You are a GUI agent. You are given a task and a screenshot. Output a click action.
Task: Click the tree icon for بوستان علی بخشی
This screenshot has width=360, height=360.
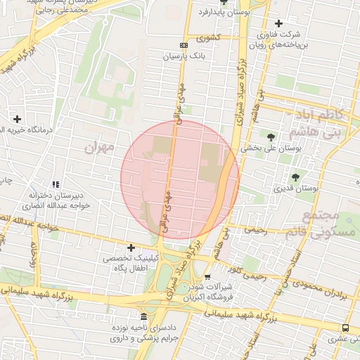271,136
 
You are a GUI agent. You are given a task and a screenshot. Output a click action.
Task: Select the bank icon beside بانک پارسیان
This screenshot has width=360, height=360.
184,46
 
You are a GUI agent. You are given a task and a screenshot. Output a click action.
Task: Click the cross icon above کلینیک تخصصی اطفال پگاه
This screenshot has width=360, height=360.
131,247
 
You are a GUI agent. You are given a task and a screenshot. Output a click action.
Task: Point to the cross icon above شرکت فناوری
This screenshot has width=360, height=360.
281,23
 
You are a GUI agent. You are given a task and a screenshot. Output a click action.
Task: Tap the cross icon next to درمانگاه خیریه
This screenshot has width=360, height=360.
18,119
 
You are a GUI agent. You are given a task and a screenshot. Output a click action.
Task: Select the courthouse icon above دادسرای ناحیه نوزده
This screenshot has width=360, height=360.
144,316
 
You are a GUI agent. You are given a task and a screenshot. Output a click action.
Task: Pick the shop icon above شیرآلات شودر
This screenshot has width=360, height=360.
207,277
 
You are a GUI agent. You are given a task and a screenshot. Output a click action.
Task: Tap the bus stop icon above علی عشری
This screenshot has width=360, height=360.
345,328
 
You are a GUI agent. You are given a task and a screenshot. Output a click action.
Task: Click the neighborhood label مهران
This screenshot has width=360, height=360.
98,148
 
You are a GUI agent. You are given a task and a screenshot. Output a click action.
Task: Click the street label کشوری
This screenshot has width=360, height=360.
209,37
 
